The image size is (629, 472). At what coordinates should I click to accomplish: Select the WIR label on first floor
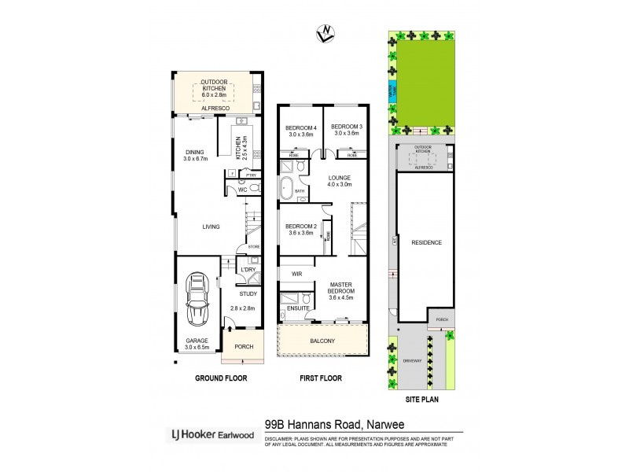tap(296, 274)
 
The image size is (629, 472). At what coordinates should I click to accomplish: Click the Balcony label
tap(322, 341)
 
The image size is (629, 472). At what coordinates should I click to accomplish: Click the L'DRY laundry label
tap(248, 270)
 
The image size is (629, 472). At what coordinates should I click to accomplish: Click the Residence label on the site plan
tap(426, 242)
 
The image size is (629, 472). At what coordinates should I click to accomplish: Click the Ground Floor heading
tap(221, 378)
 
